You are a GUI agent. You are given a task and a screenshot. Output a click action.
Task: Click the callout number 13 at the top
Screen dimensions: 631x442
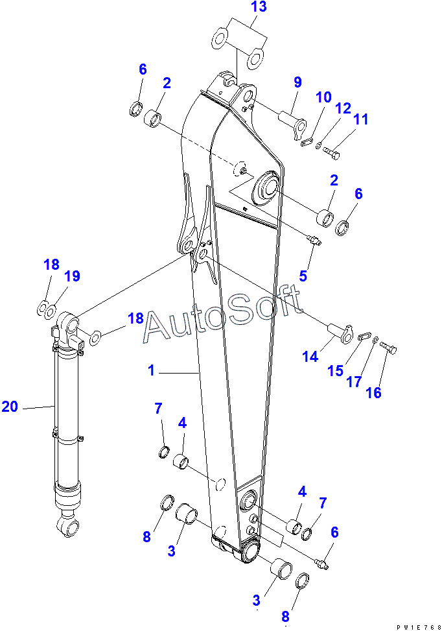[240, 7]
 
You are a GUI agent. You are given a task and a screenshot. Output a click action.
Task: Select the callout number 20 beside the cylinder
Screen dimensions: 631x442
[10, 407]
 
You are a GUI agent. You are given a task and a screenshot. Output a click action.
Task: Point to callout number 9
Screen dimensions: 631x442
[297, 82]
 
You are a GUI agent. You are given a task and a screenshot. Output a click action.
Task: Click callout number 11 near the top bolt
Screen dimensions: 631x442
[360, 119]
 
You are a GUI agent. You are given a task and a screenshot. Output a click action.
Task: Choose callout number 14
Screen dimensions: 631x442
[310, 356]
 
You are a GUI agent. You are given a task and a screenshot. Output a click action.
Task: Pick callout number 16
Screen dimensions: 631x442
[373, 392]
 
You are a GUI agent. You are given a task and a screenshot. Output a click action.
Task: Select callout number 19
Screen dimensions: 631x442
[72, 276]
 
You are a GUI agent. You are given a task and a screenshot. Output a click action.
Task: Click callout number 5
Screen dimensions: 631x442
[303, 276]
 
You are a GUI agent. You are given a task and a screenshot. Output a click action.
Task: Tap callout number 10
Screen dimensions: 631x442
[323, 97]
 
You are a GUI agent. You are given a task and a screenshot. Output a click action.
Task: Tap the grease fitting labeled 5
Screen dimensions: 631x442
[314, 241]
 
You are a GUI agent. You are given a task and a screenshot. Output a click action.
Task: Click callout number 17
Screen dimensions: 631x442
[353, 382]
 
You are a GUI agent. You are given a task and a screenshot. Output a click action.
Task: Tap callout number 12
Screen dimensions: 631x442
[343, 107]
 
